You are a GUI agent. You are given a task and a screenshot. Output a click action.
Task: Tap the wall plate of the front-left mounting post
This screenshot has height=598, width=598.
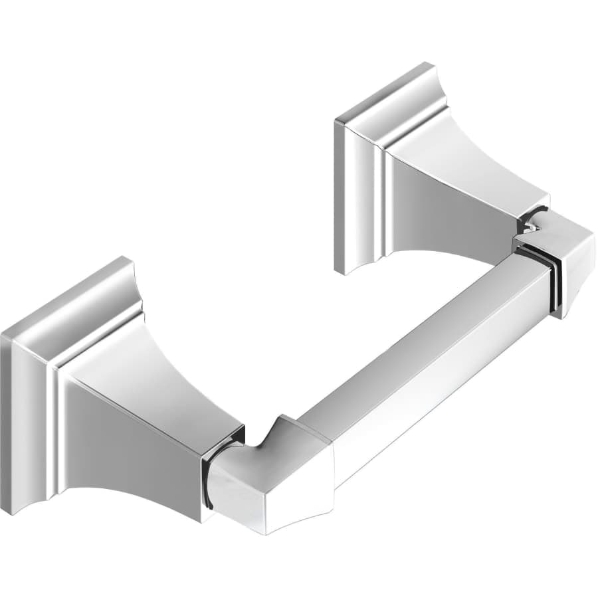pos(27,399)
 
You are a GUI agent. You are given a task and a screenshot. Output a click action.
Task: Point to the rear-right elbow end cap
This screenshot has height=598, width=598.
pos(565,259)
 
